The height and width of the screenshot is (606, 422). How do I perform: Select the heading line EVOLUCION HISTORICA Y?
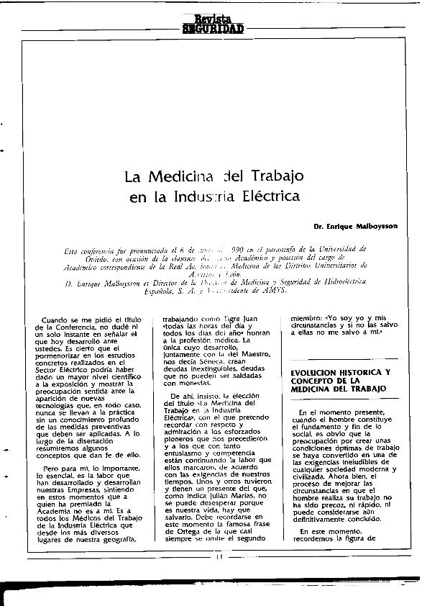click(x=340, y=373)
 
